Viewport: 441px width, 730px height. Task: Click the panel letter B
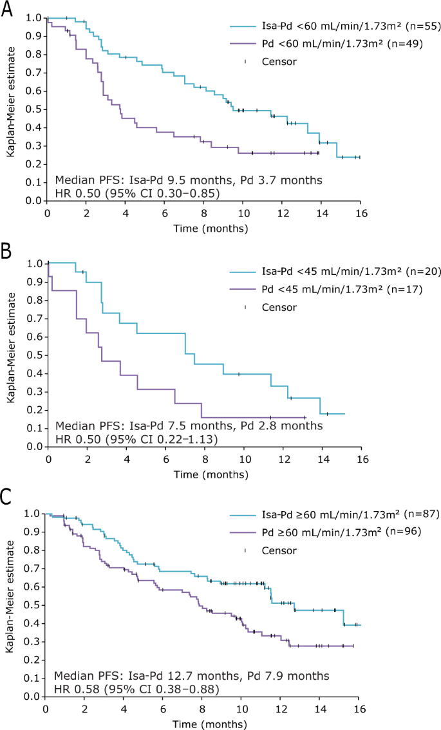pos(7,251)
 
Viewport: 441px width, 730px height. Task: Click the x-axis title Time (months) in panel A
pos(204,227)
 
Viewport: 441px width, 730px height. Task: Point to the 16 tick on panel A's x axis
pos(360,213)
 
